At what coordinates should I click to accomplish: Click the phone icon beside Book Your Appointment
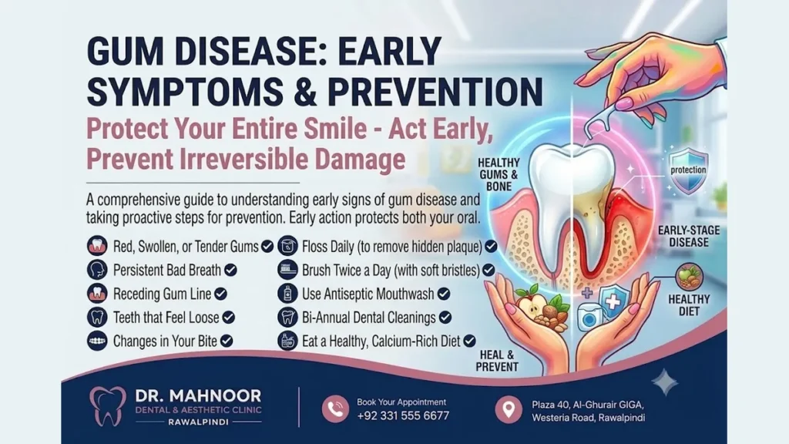click(x=336, y=409)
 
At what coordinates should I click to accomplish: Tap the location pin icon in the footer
click(x=509, y=409)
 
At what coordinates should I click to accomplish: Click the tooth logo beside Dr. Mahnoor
click(x=108, y=405)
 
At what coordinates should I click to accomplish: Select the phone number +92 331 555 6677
click(x=403, y=415)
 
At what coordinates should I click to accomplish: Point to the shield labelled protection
click(x=688, y=170)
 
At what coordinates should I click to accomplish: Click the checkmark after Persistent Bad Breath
click(x=230, y=271)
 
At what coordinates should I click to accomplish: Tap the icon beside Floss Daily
click(x=287, y=246)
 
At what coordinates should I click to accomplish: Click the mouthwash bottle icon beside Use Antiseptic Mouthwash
click(x=287, y=294)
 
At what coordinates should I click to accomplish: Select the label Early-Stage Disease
click(x=689, y=236)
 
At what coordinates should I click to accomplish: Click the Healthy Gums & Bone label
click(x=499, y=174)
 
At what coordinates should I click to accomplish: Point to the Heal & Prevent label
click(x=497, y=361)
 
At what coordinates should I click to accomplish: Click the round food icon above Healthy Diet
click(x=689, y=277)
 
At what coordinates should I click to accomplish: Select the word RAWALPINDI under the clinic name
click(x=198, y=422)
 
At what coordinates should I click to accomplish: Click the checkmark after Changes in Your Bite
click(x=227, y=341)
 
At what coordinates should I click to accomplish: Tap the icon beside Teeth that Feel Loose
click(x=97, y=317)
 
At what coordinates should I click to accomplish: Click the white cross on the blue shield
click(x=613, y=302)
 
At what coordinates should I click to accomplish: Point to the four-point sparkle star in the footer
click(x=665, y=382)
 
